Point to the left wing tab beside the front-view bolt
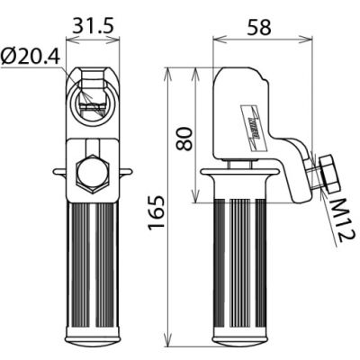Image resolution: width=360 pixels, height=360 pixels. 58,171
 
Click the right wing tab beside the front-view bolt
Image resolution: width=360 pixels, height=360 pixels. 127,171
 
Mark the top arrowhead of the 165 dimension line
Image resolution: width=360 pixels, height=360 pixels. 169,71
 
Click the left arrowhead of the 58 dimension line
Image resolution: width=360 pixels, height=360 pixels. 217,40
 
